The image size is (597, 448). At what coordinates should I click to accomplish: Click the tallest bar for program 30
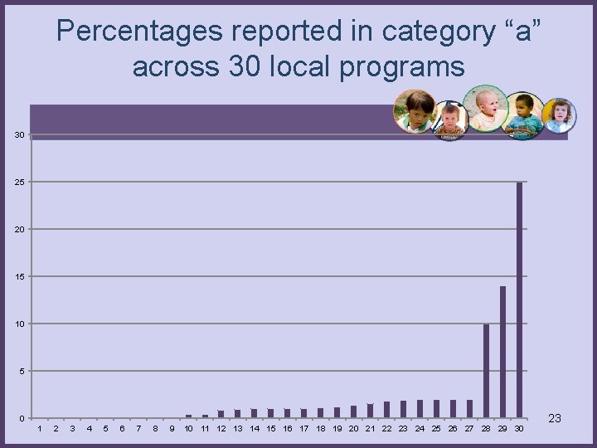click(x=519, y=299)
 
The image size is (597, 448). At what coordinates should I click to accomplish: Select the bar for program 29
click(x=502, y=351)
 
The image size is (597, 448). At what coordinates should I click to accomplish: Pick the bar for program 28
click(x=486, y=370)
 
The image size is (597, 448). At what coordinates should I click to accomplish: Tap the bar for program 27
click(x=469, y=408)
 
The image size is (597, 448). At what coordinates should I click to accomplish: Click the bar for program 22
click(x=386, y=409)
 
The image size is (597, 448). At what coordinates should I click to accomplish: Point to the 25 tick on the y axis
click(x=19, y=182)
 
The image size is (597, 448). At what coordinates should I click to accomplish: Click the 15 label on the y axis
click(x=19, y=276)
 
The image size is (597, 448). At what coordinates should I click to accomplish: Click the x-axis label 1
click(x=39, y=429)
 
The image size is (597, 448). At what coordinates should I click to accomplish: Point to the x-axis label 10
click(x=188, y=429)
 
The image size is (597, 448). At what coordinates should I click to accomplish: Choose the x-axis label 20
click(x=354, y=429)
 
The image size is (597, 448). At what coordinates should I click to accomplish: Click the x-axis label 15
click(x=271, y=429)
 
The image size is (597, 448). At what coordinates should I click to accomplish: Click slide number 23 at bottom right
click(x=555, y=418)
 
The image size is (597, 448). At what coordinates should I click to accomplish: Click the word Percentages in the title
click(x=139, y=32)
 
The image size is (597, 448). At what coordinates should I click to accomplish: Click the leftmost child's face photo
click(x=415, y=111)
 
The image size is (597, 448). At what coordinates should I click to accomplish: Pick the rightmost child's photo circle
click(x=559, y=116)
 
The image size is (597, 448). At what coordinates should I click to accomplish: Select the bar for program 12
click(x=221, y=413)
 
